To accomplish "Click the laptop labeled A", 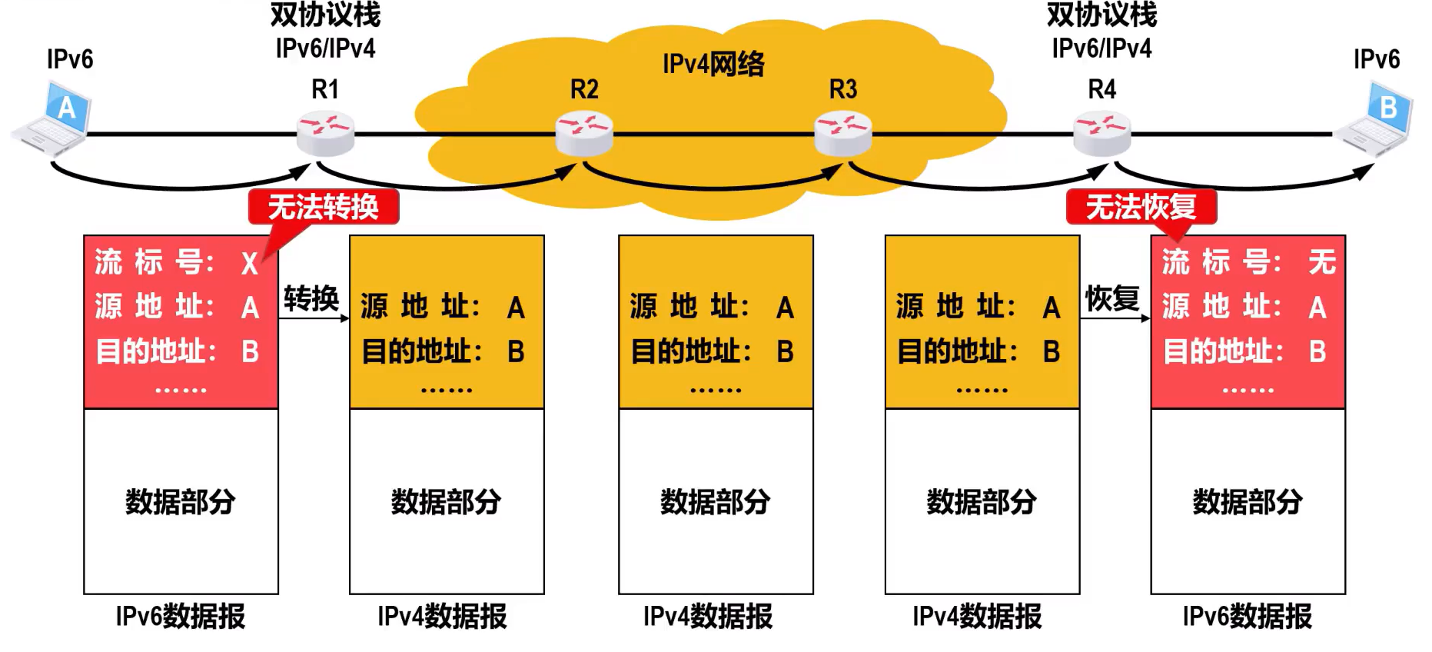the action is click(x=51, y=117).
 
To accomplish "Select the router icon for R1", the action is click(x=326, y=133).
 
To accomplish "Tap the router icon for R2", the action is click(x=584, y=133).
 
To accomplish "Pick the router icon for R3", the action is click(x=843, y=133).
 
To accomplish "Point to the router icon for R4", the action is click(x=1102, y=133).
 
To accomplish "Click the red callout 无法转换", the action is click(x=324, y=207).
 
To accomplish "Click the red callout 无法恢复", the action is click(x=1141, y=207).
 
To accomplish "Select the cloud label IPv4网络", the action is click(x=713, y=64).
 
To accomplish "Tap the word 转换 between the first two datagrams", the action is click(x=311, y=298).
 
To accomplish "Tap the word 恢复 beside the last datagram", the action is click(x=1112, y=298).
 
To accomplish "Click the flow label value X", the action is click(x=250, y=264).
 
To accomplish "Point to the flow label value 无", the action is click(x=1322, y=262).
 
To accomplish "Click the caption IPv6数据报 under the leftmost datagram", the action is click(x=181, y=617).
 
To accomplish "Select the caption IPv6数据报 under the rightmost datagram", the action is click(x=1248, y=617).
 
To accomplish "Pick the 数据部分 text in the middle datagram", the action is click(x=716, y=502).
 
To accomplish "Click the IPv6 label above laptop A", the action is click(x=70, y=59).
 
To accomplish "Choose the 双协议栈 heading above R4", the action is click(x=1101, y=15).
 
